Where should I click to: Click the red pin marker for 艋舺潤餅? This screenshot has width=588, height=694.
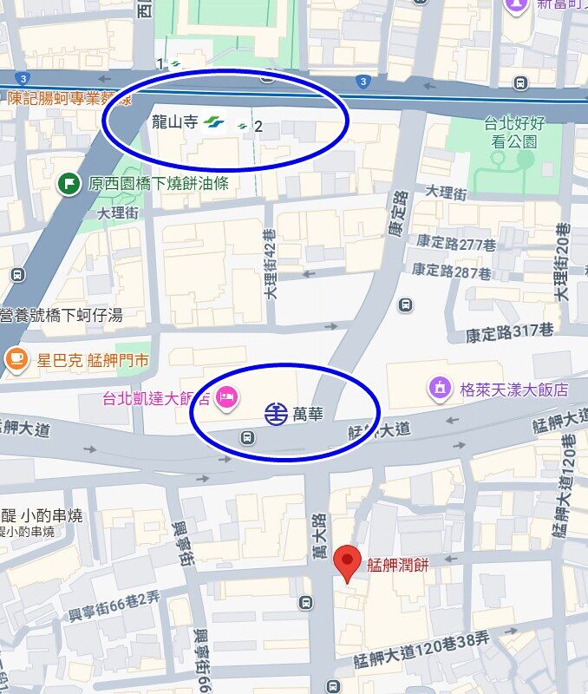coord(348,563)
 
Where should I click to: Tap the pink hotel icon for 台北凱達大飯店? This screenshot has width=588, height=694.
coord(225,397)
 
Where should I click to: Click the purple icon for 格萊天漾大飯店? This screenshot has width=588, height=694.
coord(440,388)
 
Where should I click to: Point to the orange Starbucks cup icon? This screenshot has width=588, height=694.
coord(16,359)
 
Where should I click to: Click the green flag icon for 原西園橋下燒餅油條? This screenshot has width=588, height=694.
coord(69,183)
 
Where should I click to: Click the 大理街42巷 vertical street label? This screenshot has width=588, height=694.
coord(271,262)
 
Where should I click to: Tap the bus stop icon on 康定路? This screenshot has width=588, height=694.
coord(405,304)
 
